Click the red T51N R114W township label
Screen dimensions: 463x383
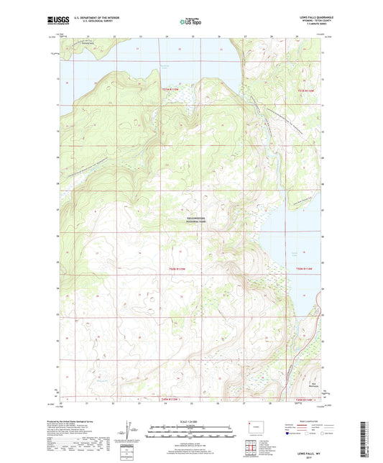pyautogui.click(x=306, y=90)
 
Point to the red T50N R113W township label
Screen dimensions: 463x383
pyautogui.click(x=172, y=268)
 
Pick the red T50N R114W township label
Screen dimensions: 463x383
pyautogui.click(x=306, y=268)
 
